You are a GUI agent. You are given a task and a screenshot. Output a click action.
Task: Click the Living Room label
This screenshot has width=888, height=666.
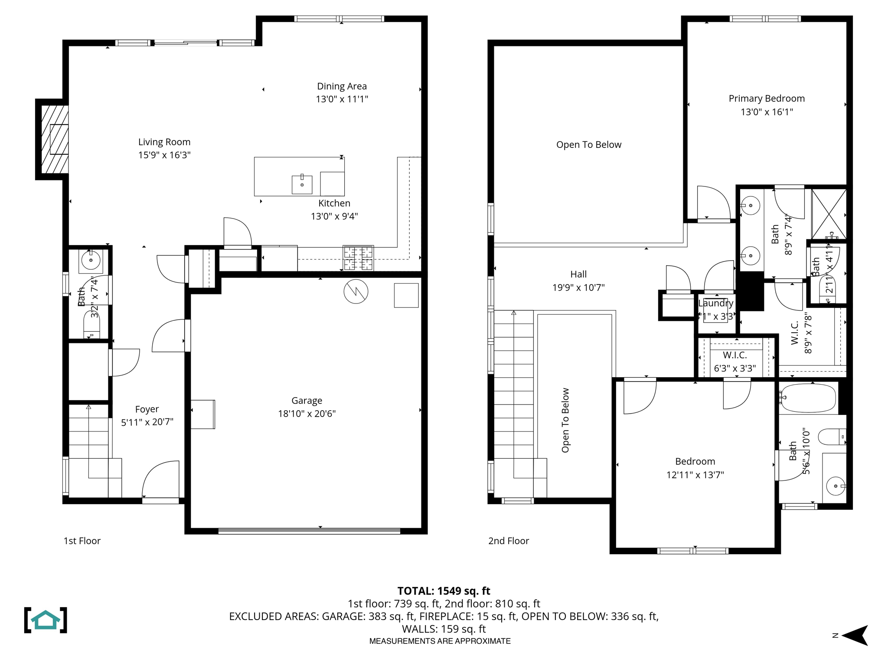click(x=164, y=142)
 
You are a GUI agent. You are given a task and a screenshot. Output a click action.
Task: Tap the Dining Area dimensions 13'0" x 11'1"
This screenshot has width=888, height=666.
click(x=342, y=99)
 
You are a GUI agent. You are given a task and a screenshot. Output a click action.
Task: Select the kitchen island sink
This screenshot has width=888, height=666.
click(x=302, y=185)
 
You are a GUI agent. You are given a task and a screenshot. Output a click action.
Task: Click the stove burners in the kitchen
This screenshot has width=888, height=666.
click(x=358, y=258)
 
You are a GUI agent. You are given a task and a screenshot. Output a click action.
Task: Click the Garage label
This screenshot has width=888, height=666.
click(x=307, y=401)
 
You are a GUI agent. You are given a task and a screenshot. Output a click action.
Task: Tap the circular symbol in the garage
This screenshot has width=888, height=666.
click(x=356, y=291)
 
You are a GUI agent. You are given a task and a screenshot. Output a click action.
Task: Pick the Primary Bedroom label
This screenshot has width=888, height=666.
click(x=767, y=98)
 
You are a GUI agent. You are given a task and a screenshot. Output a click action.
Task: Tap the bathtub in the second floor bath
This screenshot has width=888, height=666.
click(x=808, y=398)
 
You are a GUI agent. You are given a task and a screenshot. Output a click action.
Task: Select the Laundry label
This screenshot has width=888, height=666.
click(x=716, y=303)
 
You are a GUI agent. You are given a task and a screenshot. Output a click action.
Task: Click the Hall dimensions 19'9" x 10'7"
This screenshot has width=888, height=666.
click(x=578, y=287)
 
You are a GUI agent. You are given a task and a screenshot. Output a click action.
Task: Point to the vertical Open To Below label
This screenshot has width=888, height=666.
click(x=565, y=420)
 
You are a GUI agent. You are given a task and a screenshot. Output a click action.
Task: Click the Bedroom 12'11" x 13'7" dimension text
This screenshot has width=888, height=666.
click(x=695, y=475)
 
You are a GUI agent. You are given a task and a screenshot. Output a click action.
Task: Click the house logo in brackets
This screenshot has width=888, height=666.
click(x=46, y=620)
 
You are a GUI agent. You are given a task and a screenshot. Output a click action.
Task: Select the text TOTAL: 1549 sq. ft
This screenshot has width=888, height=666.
click(x=444, y=591)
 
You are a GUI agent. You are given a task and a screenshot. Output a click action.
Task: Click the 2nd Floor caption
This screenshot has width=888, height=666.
click(x=509, y=541)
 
